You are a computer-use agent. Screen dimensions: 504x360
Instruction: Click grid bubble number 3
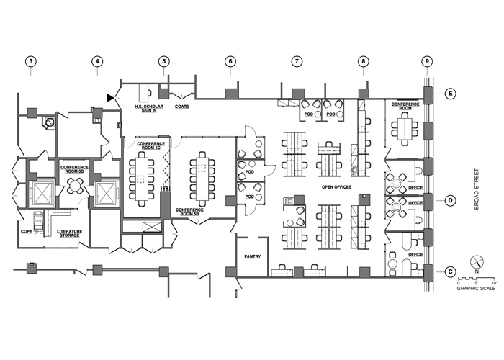click(x=30, y=61)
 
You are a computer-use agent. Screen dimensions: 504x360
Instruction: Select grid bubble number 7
click(x=297, y=61)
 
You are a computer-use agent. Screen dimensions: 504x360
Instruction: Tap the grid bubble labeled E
click(x=450, y=94)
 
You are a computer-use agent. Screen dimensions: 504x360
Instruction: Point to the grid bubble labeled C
click(x=450, y=272)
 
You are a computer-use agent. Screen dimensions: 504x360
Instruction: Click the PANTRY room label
click(x=253, y=256)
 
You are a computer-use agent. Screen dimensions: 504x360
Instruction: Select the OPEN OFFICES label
click(x=336, y=187)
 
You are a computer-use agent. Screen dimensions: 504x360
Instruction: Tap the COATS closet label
click(x=182, y=107)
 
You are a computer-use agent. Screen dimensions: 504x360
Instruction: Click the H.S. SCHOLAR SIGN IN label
click(x=149, y=108)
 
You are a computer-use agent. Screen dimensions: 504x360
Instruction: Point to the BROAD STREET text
click(x=477, y=189)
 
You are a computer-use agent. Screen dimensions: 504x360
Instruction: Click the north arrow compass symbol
click(x=477, y=262)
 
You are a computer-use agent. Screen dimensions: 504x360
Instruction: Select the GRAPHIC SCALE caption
click(x=477, y=288)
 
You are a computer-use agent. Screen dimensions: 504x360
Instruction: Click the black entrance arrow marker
click(x=111, y=98)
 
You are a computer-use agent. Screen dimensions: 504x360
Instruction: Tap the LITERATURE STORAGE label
click(x=69, y=233)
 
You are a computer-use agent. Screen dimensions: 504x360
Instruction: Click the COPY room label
click(x=27, y=231)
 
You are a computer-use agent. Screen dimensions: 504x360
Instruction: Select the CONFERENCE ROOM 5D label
click(x=74, y=169)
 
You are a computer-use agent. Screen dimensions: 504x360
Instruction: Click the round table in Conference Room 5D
click(x=75, y=186)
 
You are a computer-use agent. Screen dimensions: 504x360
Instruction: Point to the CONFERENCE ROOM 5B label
click(x=189, y=212)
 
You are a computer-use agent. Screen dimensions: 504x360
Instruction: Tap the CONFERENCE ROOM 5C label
click(x=151, y=145)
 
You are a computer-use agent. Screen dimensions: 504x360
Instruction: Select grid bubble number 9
click(x=427, y=61)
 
